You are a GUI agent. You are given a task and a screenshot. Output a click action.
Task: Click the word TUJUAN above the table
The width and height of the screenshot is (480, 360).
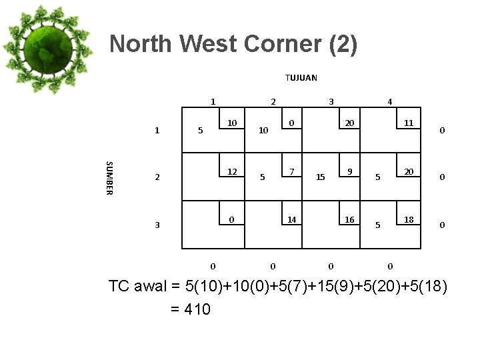[301, 77]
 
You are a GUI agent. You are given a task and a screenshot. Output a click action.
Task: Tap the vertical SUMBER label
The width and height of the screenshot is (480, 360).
[110, 178]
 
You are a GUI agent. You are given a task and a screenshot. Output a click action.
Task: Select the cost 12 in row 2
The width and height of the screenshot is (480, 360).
[232, 171]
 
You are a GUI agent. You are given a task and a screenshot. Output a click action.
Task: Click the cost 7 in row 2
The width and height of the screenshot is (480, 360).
[291, 171]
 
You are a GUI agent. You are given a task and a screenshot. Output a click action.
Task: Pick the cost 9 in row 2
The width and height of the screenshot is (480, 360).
[349, 171]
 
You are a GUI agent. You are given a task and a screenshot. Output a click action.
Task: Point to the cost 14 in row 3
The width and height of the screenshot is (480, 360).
[291, 219]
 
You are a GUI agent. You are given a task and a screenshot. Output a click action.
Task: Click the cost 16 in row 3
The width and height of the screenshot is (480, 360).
[349, 219]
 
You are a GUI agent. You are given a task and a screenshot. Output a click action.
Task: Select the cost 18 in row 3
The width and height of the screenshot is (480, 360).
[409, 219]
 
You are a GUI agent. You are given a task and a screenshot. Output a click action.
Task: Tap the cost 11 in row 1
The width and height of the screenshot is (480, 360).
[409, 123]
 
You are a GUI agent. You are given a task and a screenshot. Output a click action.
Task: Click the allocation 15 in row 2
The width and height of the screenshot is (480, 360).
[321, 177]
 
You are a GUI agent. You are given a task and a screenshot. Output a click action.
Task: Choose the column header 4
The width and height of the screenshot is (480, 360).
[390, 102]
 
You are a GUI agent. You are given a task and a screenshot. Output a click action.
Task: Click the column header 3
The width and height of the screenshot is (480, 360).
[331, 102]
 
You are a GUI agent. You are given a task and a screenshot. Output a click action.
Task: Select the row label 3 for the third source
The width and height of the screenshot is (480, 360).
[157, 225]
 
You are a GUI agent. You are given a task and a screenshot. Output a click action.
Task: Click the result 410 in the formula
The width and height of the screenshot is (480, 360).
[195, 309]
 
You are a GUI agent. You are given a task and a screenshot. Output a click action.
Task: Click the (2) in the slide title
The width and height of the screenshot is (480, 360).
[343, 44]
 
